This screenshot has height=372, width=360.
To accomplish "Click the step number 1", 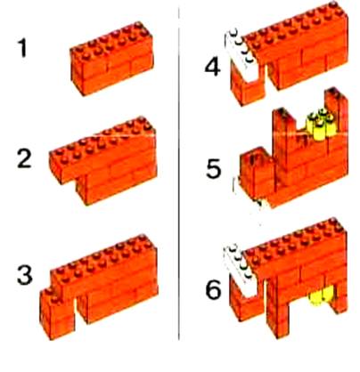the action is [23, 48].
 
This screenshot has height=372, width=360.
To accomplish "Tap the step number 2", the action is [24, 158].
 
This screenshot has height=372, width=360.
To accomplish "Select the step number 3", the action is [25, 275].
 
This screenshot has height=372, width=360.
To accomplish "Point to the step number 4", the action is [213, 67].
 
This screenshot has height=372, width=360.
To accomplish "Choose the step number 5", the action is [214, 169].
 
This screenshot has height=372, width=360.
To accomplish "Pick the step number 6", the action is [214, 289].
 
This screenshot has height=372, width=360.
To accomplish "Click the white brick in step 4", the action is [243, 56].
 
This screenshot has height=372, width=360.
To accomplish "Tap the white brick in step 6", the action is [241, 271].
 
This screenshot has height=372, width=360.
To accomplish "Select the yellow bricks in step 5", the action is [319, 125].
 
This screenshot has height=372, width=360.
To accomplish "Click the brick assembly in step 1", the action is [112, 58].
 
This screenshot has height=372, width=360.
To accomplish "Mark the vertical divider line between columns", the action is [179, 174].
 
